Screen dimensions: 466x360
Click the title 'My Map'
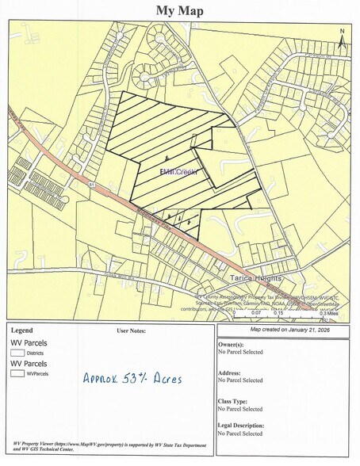[x=179, y=10]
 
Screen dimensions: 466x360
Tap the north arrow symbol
[x=341, y=40]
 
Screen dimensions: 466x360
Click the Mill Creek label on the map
[x=178, y=172]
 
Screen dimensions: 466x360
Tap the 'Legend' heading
[x=21, y=330]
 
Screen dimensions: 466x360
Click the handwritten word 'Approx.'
[x=102, y=379]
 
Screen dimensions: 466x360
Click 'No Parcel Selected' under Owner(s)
[x=241, y=353]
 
